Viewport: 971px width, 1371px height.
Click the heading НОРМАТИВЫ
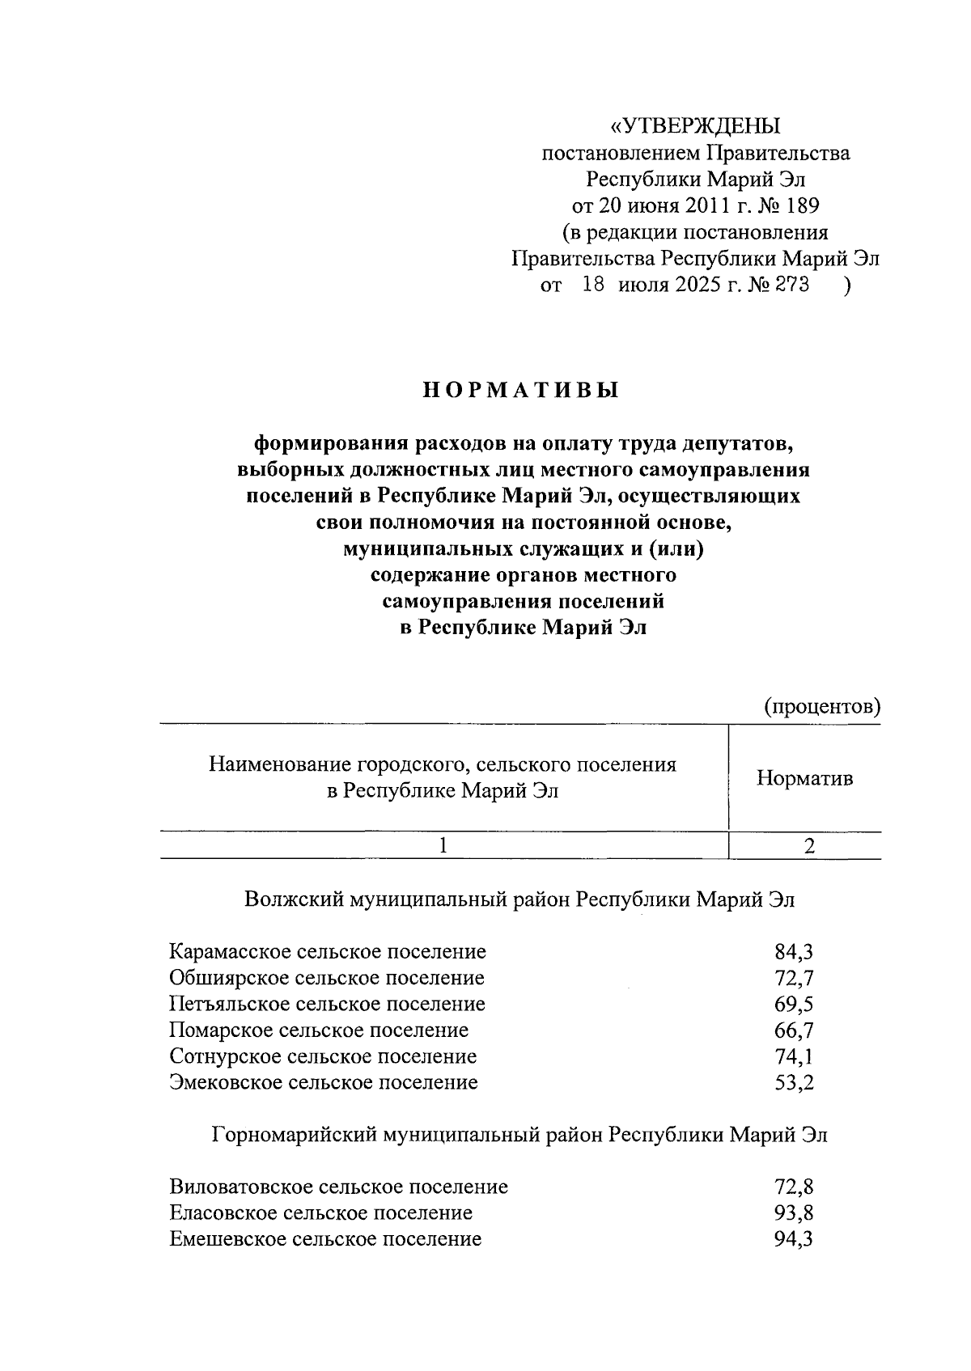tap(521, 391)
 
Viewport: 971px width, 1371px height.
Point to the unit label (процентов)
tap(822, 706)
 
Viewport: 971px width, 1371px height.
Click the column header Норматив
tap(804, 778)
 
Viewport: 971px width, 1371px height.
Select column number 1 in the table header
tap(443, 845)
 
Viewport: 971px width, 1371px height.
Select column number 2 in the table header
tap(809, 845)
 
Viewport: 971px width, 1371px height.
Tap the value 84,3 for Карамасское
tap(794, 952)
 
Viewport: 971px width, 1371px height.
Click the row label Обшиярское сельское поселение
tap(327, 978)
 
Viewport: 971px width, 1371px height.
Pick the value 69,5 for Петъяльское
tap(794, 1005)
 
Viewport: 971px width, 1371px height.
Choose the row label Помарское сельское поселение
tap(319, 1030)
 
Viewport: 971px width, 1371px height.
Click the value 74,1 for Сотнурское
tap(794, 1056)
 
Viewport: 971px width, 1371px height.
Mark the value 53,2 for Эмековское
tap(794, 1082)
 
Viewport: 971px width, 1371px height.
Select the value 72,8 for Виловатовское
tap(794, 1187)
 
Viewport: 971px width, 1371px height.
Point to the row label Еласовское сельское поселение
tap(321, 1213)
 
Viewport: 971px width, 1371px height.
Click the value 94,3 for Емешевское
tap(794, 1239)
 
